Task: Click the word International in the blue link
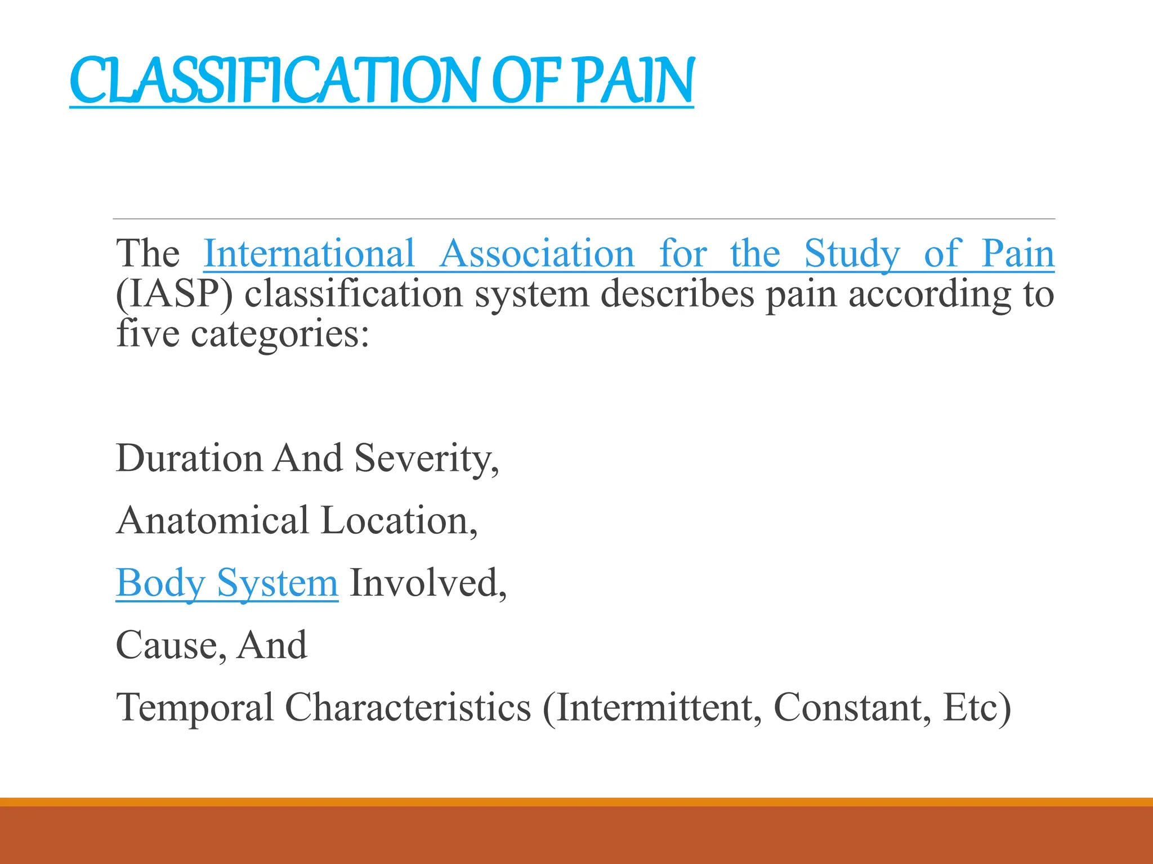pos(309,254)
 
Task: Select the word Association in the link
pos(537,254)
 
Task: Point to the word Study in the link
pos(852,254)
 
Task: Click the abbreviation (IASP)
pos(174,294)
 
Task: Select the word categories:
pos(280,334)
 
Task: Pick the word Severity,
pos(427,458)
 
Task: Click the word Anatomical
pos(213,520)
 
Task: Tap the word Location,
pos(399,520)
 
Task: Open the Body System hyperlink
pos(227,583)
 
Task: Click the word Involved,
pos(428,583)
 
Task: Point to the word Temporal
pos(194,707)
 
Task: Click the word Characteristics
pos(408,707)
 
